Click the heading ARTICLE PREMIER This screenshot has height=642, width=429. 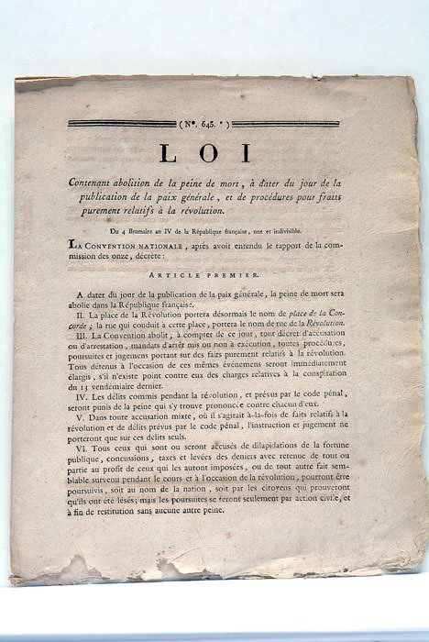216,274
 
